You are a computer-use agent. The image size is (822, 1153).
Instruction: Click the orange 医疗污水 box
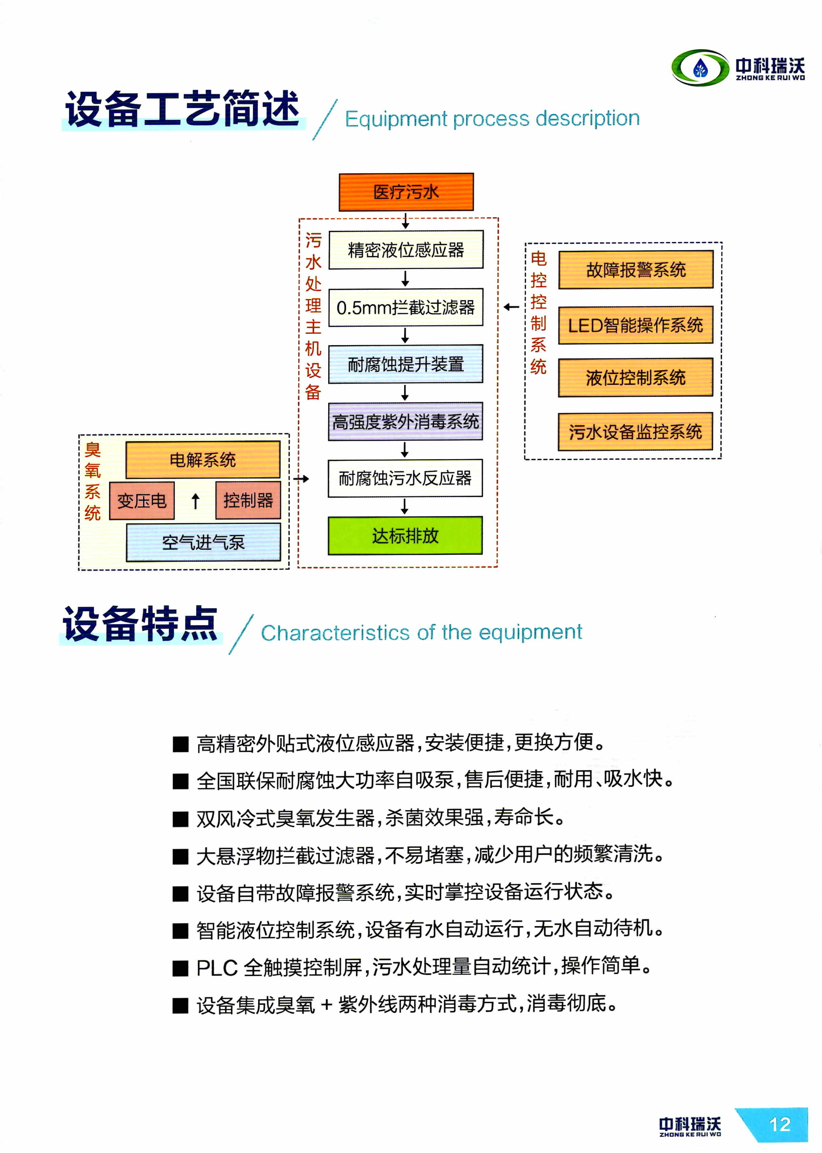coord(406,192)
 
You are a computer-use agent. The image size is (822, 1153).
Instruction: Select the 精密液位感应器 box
coord(406,250)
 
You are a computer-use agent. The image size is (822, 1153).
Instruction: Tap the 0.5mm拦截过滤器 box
coord(406,307)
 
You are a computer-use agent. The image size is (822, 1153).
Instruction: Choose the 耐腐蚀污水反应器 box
coord(405,478)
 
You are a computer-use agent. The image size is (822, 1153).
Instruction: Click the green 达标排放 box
coord(405,535)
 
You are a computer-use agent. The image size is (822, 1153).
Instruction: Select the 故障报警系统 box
coord(636,269)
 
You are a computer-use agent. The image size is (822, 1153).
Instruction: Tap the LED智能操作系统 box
coord(636,325)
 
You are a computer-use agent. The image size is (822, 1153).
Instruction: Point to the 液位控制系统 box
coord(636,377)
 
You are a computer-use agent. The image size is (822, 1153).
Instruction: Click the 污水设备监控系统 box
coord(635,432)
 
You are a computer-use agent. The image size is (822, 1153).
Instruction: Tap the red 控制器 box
coord(248,500)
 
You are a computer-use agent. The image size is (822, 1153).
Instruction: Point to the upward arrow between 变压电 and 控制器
coord(195,501)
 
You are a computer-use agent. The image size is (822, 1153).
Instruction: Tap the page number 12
coord(780,1124)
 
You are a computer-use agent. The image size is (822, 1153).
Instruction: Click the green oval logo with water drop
coord(701,68)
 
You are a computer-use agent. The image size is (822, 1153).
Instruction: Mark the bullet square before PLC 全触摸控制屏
coord(180,968)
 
